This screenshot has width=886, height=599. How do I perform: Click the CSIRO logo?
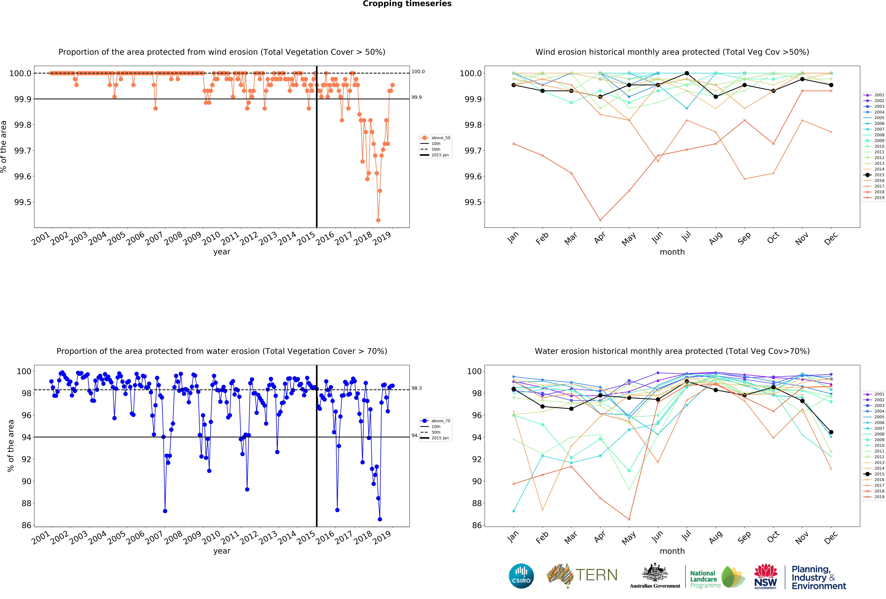[x=521, y=576]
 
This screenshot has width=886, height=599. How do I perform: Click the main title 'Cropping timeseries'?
[x=407, y=4]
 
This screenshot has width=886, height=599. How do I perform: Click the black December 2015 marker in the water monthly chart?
[x=831, y=432]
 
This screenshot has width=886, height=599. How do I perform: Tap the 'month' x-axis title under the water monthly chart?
[x=672, y=551]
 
